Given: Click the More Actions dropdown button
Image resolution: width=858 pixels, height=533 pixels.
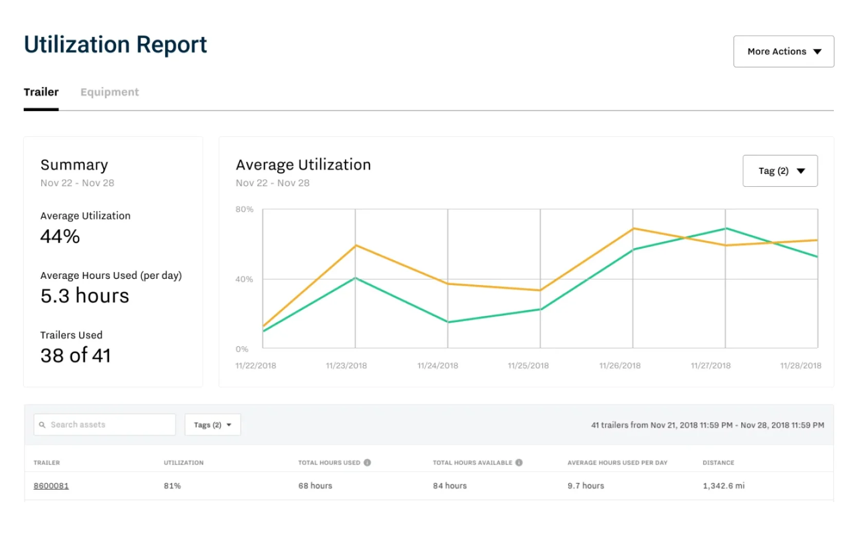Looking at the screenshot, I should click(x=783, y=51).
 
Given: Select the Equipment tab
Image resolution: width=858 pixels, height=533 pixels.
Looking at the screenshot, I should click(x=109, y=92).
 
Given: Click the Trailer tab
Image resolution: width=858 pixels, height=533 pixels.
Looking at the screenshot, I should click(x=41, y=92).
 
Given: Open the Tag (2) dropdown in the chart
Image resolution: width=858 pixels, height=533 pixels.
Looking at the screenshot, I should click(x=780, y=171).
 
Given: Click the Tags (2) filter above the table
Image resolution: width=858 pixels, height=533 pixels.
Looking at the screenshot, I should click(x=212, y=425).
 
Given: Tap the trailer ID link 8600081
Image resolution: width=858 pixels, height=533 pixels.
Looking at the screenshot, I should click(x=51, y=486).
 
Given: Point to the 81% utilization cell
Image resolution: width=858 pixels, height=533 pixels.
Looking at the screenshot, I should click(x=172, y=486).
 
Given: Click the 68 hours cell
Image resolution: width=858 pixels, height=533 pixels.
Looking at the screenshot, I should click(x=315, y=486).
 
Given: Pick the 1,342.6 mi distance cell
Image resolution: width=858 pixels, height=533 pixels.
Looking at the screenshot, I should click(x=723, y=486).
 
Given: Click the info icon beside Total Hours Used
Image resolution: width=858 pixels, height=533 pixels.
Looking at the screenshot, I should click(x=367, y=463).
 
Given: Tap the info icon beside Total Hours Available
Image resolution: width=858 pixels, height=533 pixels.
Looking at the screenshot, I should click(x=519, y=463).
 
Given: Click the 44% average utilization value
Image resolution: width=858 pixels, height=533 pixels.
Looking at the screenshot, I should click(x=60, y=237).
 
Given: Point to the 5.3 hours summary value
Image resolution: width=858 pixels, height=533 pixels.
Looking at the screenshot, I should click(x=85, y=296).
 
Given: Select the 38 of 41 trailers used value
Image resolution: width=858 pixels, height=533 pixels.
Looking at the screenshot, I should click(x=76, y=356).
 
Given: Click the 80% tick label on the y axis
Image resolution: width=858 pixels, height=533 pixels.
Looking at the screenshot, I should click(x=244, y=209).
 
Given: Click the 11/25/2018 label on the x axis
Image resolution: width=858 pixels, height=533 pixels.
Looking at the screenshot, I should click(x=528, y=366).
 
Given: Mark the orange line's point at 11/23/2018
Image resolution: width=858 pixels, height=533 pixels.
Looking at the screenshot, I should click(x=355, y=245).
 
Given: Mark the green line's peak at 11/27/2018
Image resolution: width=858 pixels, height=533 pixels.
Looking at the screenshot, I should click(x=725, y=228).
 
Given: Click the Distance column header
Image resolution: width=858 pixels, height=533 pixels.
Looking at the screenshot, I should click(x=718, y=463).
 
